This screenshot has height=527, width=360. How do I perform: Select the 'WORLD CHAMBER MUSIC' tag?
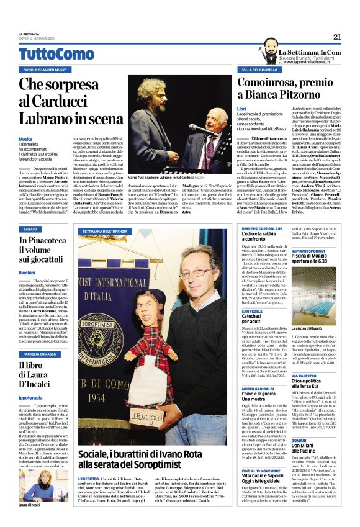45,70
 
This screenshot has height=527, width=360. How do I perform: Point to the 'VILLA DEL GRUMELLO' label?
261,70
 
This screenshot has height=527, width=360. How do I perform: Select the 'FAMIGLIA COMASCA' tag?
41,354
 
